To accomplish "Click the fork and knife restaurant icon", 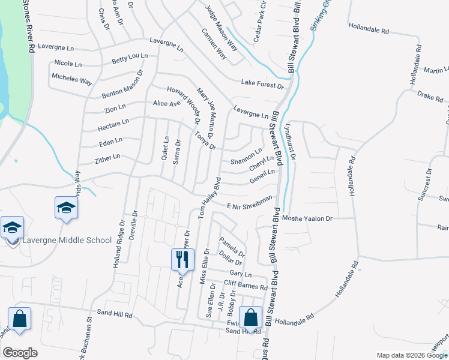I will pyautogui.click(x=183, y=260).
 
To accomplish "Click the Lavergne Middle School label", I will pyautogui.click(x=66, y=240).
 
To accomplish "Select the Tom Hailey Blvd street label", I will pyautogui.click(x=206, y=201).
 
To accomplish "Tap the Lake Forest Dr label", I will pyautogui.click(x=262, y=83).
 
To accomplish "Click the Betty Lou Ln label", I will pyautogui.click(x=130, y=58).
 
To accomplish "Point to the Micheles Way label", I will pyautogui.click(x=72, y=77).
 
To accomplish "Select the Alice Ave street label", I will pyautogui.click(x=167, y=103).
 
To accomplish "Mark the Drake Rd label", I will pyautogui.click(x=429, y=95).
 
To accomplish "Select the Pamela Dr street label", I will pyautogui.click(x=232, y=247).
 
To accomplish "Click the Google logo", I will pyautogui.click(x=20, y=353).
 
